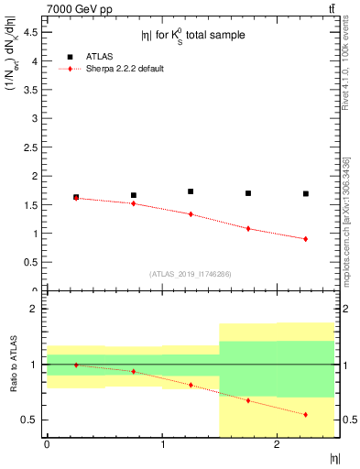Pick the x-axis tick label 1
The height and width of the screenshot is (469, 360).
coord(162,444)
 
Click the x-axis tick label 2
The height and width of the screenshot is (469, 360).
coord(278,444)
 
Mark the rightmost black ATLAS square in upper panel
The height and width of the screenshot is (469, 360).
coord(306,194)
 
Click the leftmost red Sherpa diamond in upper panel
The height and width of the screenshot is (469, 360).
coord(76,198)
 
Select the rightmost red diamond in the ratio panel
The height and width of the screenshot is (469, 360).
coord(306,415)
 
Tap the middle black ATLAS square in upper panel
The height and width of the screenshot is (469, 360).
coord(191,191)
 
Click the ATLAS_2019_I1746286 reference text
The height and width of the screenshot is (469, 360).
coord(191,274)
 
